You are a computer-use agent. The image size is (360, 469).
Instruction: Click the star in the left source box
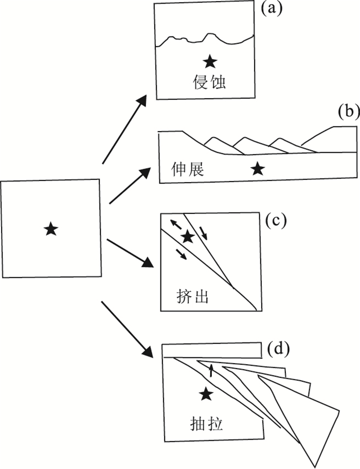pyautogui.click(x=50, y=229)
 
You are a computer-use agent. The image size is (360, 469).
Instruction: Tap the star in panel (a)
pyautogui.click(x=209, y=62)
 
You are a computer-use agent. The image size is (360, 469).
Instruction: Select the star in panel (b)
pyautogui.click(x=259, y=168)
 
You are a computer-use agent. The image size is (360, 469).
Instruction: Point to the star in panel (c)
pyautogui.click(x=188, y=237)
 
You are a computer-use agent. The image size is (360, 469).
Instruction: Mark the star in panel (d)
pyautogui.click(x=206, y=394)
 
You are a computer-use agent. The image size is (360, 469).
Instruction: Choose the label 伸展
pyautogui.click(x=187, y=169)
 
